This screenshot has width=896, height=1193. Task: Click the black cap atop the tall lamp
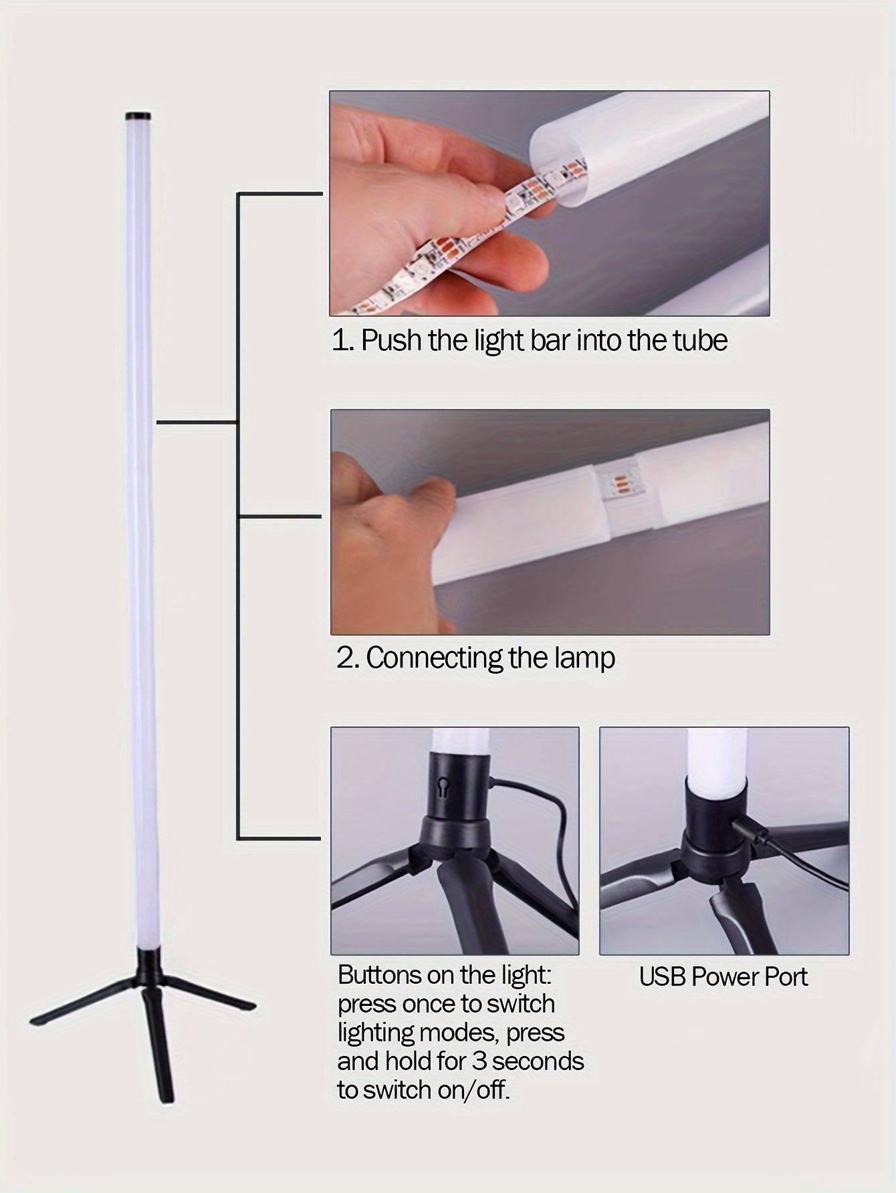(x=141, y=115)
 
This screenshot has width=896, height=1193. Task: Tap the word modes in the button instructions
(x=458, y=1033)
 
